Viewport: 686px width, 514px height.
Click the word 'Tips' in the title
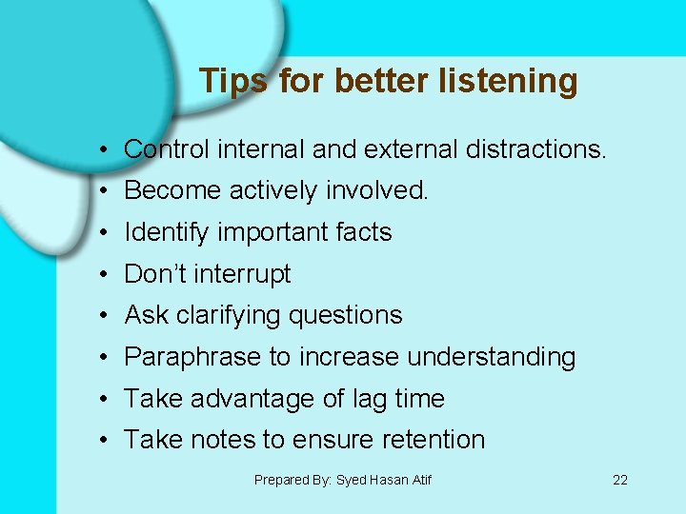(234, 82)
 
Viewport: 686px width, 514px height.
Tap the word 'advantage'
(251, 399)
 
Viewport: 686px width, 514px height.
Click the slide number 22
(620, 480)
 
